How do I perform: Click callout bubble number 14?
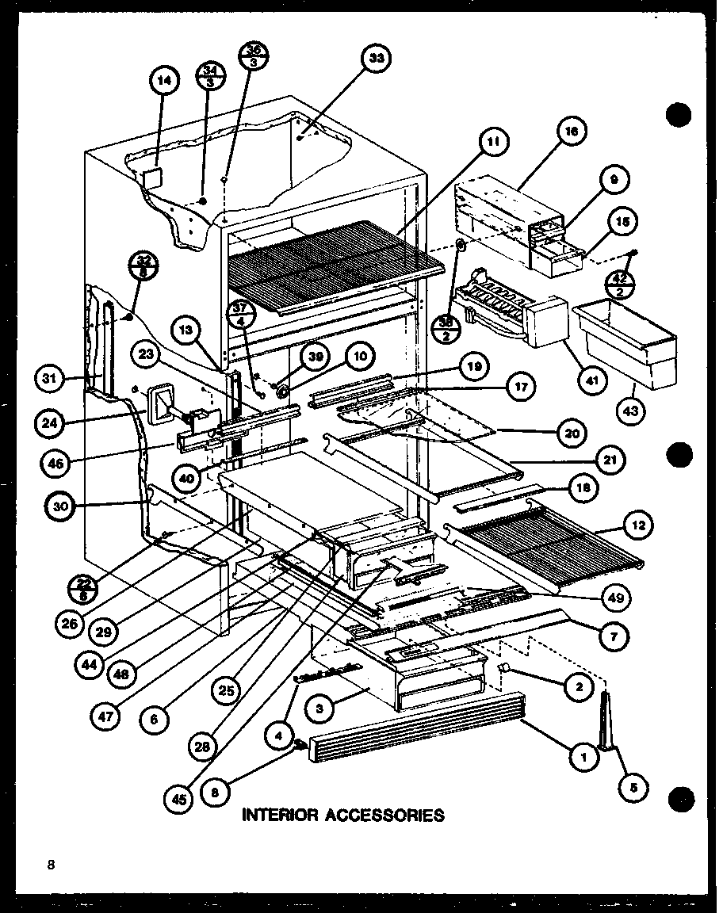pos(164,80)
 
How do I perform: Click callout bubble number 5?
pos(635,786)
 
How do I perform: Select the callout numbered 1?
pos(583,756)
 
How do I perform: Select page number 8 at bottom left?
pos(50,865)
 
